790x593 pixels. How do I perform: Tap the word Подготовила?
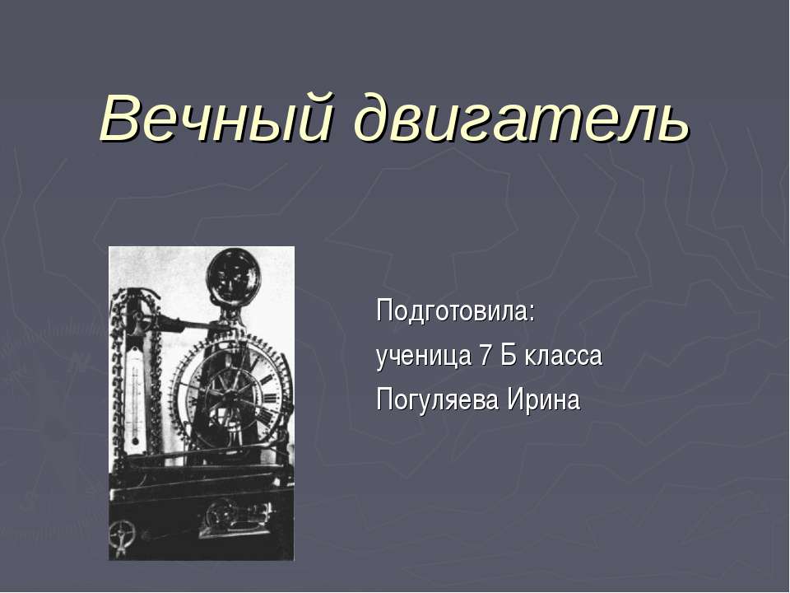click(453, 313)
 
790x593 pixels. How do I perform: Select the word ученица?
click(421, 357)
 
